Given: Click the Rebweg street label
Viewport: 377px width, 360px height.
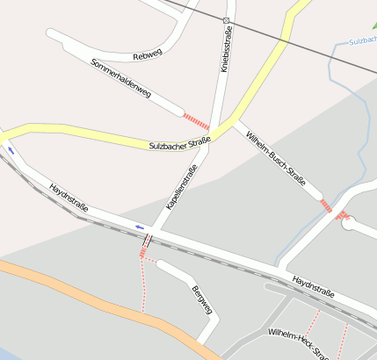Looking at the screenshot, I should coord(148,55).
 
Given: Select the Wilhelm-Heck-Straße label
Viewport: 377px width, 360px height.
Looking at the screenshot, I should coord(299,343).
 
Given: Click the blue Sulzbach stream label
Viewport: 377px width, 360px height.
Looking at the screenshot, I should coord(362,41).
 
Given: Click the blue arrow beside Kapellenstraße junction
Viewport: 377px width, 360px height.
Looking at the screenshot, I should coord(140,227).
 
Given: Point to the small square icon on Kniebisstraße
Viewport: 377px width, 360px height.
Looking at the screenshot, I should coord(226,20).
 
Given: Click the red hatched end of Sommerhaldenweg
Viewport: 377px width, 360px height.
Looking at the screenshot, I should coord(196,121).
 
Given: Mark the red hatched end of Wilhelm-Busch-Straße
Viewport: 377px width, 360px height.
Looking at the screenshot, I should coord(326,205).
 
